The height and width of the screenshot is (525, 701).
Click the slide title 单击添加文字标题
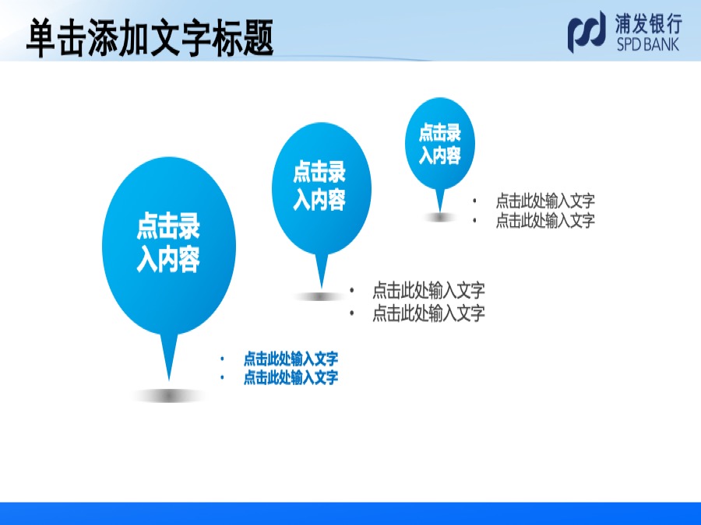click(150, 37)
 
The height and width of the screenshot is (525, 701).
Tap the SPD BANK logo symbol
click(587, 32)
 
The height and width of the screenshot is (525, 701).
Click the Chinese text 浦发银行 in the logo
click(648, 24)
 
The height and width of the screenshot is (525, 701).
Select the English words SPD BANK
click(648, 44)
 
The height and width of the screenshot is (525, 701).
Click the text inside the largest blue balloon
click(168, 243)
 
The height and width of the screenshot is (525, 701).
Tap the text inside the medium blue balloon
click(319, 186)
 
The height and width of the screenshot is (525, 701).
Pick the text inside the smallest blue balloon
click(439, 144)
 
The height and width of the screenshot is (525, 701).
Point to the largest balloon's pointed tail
click(169, 357)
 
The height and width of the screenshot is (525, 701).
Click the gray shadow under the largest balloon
click(169, 396)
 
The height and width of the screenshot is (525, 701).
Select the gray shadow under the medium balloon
click(320, 296)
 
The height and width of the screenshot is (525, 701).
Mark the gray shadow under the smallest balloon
click(440, 218)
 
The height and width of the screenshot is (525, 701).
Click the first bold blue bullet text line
click(291, 359)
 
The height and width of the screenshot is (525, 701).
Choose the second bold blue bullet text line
click(291, 378)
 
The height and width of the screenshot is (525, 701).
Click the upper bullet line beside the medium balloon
click(428, 291)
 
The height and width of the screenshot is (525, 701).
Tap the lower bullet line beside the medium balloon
click(428, 313)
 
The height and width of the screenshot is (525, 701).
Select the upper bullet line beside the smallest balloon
click(545, 201)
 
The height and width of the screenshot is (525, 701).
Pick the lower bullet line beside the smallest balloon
click(545, 220)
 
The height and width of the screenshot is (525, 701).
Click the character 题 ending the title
click(258, 38)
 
